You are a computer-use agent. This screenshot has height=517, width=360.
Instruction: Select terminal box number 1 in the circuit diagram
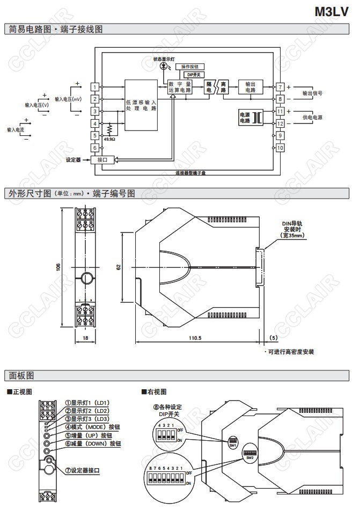(94, 86)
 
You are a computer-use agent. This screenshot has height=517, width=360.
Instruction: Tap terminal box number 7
(280, 86)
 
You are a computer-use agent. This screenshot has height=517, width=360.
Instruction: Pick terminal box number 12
(280, 123)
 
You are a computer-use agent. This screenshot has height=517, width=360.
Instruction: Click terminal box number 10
(280, 148)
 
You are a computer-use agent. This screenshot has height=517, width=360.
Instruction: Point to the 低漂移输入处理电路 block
(141, 105)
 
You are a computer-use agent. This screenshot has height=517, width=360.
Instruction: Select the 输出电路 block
(250, 87)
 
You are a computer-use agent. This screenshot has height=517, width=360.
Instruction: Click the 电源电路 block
(245, 118)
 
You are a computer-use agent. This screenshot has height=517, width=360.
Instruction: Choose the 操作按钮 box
(189, 67)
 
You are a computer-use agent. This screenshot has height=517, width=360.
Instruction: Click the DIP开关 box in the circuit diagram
(192, 75)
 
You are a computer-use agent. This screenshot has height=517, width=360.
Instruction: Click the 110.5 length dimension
(195, 338)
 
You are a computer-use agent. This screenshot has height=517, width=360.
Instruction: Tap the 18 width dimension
(85, 338)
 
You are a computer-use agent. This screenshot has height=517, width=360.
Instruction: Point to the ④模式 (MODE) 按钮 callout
(92, 427)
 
